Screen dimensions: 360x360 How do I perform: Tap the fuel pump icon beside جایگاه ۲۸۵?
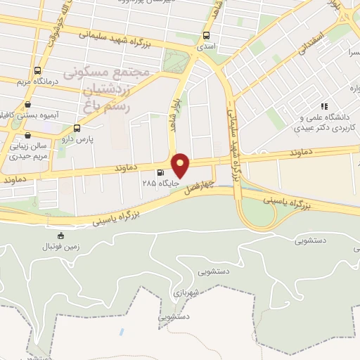pyautogui.click(x=162, y=172)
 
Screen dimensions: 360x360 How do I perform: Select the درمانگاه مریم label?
pyautogui.click(x=37, y=82)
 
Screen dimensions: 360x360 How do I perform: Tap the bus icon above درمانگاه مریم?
pyautogui.click(x=37, y=70)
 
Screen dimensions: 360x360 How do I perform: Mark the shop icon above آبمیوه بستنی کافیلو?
pyautogui.click(x=27, y=103)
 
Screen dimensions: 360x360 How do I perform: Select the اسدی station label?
pyautogui.click(x=206, y=46)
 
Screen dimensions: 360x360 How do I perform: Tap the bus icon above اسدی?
pyautogui.click(x=206, y=34)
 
